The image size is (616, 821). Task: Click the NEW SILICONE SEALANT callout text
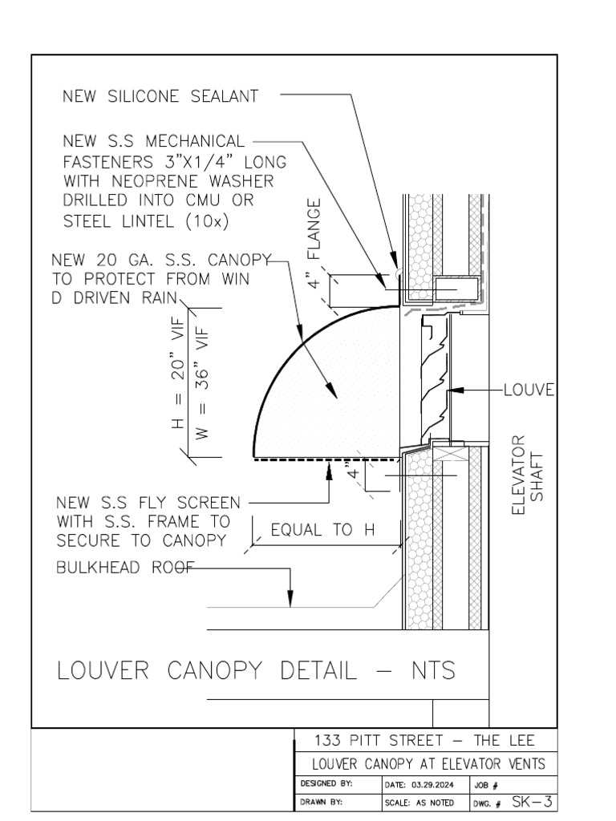click(160, 96)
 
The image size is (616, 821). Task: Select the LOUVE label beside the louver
click(529, 390)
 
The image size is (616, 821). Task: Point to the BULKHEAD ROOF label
click(126, 568)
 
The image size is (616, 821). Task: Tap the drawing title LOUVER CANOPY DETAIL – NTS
click(256, 670)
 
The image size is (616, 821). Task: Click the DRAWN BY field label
click(322, 802)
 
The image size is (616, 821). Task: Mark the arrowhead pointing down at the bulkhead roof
click(290, 599)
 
